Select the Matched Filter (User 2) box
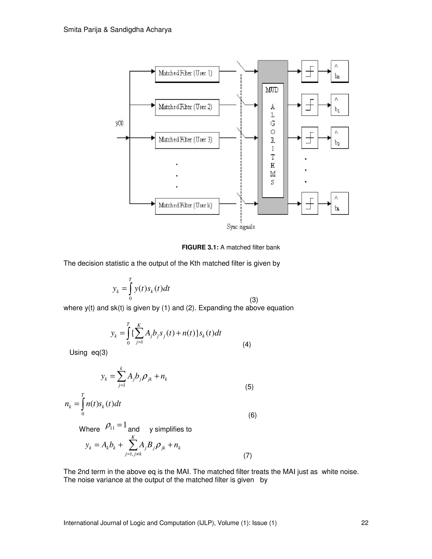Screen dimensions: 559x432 (x=187, y=107)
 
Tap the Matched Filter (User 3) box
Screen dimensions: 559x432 (x=187, y=140)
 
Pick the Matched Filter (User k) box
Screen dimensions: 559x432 (x=187, y=206)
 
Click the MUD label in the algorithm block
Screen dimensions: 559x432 (x=272, y=90)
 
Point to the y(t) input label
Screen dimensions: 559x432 (x=119, y=123)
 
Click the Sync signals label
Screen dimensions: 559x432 (x=240, y=227)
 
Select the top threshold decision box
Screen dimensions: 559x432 (x=310, y=72)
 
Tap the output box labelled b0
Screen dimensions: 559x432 (x=340, y=72)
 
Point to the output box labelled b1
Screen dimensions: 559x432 (x=340, y=105)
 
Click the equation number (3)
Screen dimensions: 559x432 (x=254, y=300)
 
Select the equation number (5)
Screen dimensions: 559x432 (x=249, y=387)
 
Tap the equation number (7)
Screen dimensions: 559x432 (x=247, y=456)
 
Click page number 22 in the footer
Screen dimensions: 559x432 (x=365, y=523)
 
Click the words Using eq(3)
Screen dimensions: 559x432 (x=89, y=353)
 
